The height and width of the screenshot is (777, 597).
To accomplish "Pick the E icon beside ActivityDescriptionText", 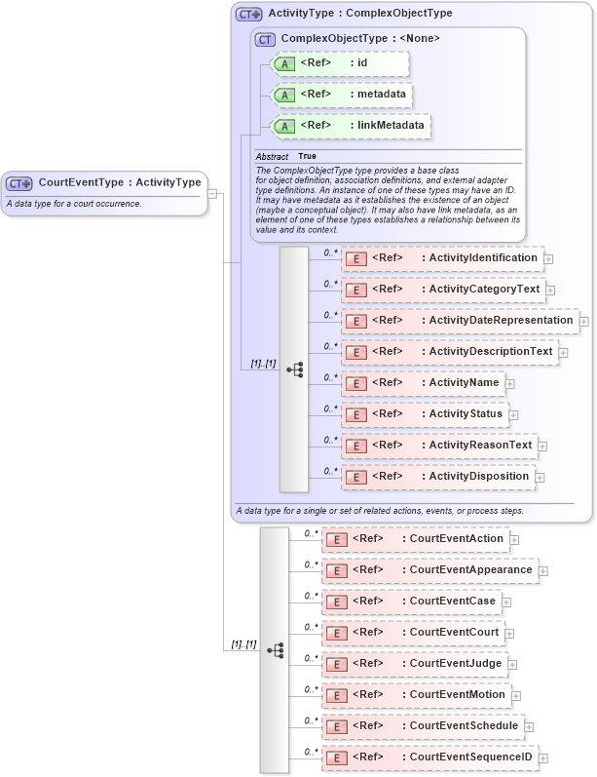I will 355,353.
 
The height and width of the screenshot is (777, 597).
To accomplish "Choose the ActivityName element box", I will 422,383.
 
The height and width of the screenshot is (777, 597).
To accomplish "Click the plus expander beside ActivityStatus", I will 513,415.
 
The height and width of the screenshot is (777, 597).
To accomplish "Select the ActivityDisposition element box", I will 437,477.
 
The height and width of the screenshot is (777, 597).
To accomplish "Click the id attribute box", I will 340,63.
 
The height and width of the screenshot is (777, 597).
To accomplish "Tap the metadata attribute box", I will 341,95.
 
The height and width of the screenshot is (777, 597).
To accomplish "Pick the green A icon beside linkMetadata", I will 284,127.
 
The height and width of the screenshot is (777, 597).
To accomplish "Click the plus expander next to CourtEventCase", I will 506,602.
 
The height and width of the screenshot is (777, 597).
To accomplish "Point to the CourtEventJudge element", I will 415,664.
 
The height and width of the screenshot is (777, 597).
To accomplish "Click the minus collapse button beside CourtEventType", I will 212,193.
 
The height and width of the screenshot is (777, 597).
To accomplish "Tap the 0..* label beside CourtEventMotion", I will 312,689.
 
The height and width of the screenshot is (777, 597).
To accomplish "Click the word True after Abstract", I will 307,156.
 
